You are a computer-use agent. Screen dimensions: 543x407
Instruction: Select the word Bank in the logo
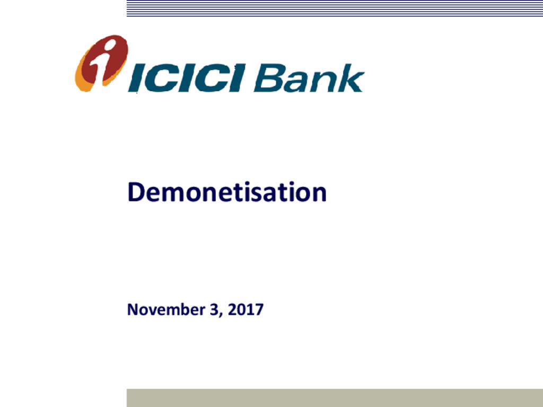click(309, 78)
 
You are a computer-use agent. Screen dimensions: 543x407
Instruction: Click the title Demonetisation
click(227, 192)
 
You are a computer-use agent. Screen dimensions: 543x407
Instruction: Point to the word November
click(166, 309)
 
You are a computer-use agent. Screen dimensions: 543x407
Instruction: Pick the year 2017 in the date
click(246, 309)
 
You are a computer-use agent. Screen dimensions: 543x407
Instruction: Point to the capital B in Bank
click(267, 78)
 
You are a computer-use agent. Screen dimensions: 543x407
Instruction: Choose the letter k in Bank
click(352, 78)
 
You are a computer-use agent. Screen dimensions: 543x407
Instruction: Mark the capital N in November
click(133, 309)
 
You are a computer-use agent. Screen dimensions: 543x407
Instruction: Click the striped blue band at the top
click(335, 8)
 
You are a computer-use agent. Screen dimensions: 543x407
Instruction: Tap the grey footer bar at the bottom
click(335, 398)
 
